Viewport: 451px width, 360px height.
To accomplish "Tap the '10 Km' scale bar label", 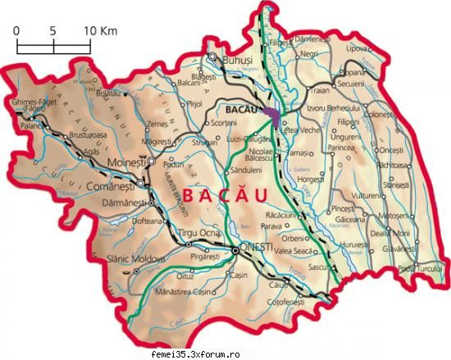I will point(98,30).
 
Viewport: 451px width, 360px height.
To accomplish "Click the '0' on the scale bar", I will point(16,30).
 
